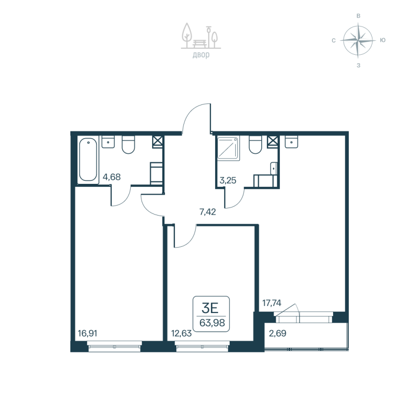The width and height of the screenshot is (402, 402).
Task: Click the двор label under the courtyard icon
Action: [x=200, y=55]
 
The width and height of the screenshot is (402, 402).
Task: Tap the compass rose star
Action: [x=358, y=40]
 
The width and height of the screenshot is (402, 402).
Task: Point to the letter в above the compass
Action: [x=358, y=16]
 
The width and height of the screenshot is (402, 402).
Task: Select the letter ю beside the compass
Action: [x=383, y=40]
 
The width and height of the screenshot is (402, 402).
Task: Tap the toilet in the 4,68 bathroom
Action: [x=129, y=145]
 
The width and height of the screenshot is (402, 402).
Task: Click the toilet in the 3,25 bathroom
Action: [x=256, y=145]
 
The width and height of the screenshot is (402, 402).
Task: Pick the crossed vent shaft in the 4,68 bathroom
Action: [x=158, y=141]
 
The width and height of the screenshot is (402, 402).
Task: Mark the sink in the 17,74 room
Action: [x=291, y=142]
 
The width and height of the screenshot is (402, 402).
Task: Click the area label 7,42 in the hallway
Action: [x=207, y=212]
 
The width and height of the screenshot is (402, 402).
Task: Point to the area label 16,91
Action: [x=87, y=332]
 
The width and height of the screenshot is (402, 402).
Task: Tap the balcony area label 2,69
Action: [x=278, y=332]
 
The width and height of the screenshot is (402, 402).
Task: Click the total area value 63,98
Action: [x=212, y=323]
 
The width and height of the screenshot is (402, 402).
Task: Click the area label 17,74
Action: [x=272, y=303]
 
